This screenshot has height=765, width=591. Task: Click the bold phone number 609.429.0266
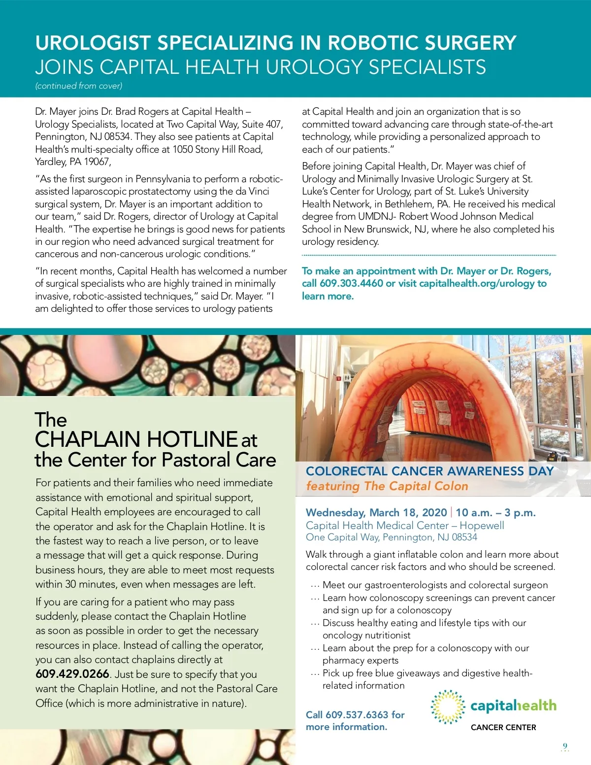point(72,674)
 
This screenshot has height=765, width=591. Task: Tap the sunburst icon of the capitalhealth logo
point(448,707)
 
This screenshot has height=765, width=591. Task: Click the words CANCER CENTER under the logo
point(503,728)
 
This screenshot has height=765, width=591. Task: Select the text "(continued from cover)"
point(79,86)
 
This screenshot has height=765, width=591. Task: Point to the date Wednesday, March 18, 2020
point(376,513)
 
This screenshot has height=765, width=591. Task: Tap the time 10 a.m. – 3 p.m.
point(495,513)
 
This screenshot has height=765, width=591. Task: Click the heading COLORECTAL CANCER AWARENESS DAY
point(429,471)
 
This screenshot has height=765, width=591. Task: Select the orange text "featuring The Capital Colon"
point(387,487)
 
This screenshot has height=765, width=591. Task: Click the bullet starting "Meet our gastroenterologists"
point(435,585)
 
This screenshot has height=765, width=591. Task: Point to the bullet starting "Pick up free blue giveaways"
point(427,673)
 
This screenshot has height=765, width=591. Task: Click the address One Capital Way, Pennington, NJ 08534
point(391,537)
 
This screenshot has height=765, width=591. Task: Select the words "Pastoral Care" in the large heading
point(219,460)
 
